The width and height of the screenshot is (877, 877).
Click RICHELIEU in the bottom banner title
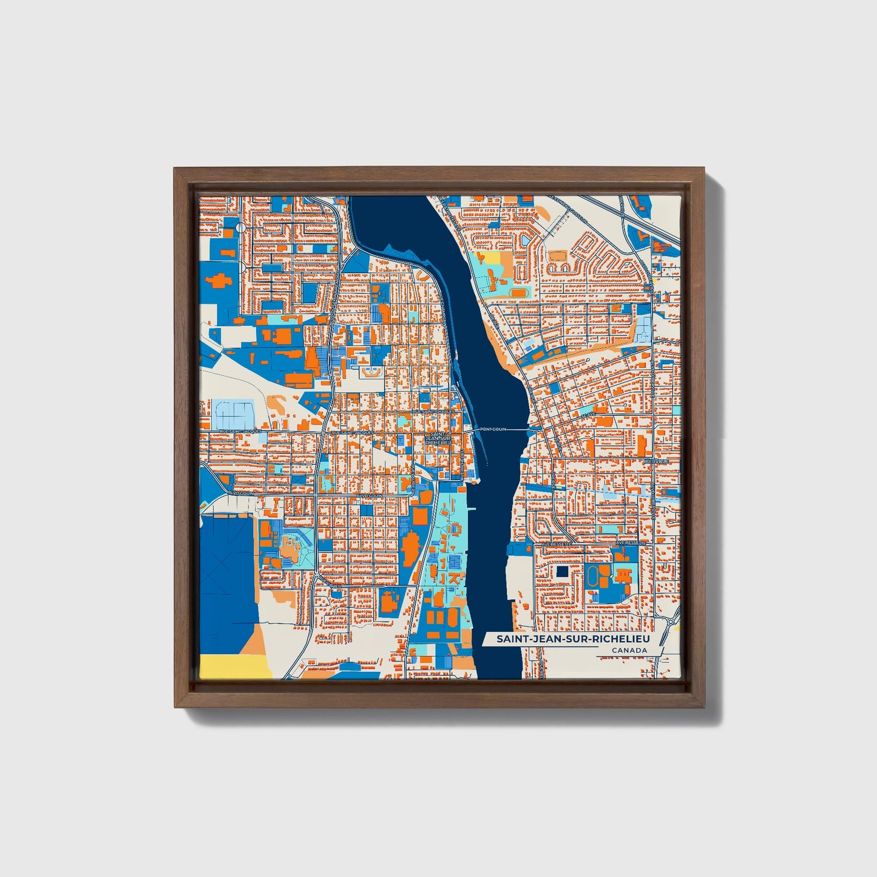click(x=618, y=639)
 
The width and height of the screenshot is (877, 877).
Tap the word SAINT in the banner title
click(x=511, y=639)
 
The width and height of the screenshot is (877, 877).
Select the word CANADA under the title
click(x=629, y=651)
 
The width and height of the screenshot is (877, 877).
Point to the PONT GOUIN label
click(x=492, y=429)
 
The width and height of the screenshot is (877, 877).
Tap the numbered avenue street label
click(x=587, y=415)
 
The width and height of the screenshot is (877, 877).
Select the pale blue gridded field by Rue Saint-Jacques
click(x=233, y=414)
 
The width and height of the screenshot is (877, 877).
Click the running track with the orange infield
click(x=518, y=293)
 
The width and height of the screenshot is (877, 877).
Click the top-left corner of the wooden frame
click(x=176, y=169)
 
